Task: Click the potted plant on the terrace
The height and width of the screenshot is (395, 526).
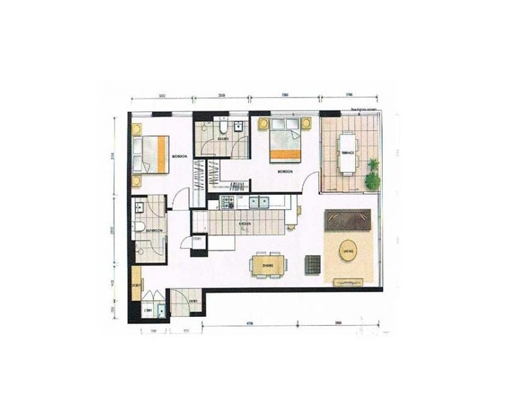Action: pyautogui.click(x=373, y=174)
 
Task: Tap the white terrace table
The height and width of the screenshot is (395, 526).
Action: pyautogui.click(x=347, y=152)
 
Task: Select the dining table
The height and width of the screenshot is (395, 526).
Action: pyautogui.click(x=268, y=265)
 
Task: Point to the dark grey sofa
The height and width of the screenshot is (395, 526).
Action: pyautogui.click(x=348, y=220)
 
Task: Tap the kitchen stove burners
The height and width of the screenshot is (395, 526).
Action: pyautogui.click(x=229, y=202)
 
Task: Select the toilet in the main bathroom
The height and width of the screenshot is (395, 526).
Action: pyautogui.click(x=139, y=228)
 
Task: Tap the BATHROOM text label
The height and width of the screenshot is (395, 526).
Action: pyautogui.click(x=156, y=230)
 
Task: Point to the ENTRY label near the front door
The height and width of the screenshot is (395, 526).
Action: pyautogui.click(x=193, y=301)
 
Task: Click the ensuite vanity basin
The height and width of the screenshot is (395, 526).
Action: pyautogui.click(x=239, y=128)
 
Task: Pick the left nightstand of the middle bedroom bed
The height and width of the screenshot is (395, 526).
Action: pyautogui.click(x=264, y=123)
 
